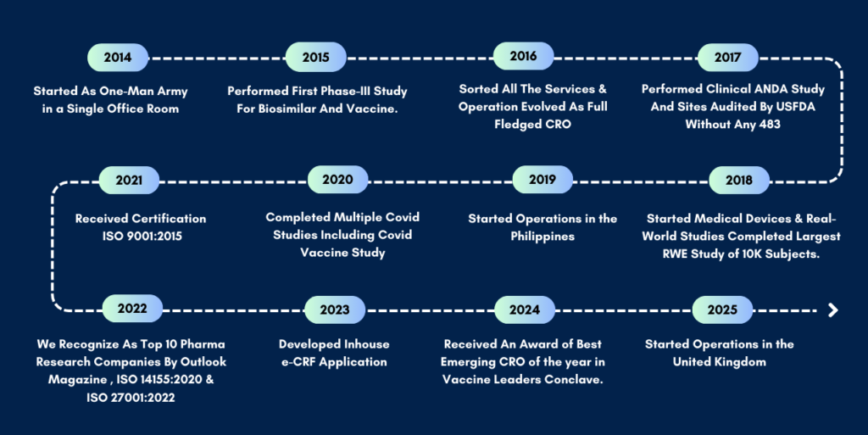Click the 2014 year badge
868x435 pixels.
(118, 58)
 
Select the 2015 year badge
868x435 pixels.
(316, 58)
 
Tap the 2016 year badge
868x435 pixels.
(524, 57)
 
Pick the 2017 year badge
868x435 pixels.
(728, 58)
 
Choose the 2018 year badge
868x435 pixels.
(739, 181)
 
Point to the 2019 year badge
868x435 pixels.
(542, 180)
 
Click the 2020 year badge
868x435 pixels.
(337, 180)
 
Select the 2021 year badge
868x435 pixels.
(129, 181)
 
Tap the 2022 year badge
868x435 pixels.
(132, 309)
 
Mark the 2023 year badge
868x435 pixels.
(335, 310)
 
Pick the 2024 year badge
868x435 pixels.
(525, 310)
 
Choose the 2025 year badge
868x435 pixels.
(722, 310)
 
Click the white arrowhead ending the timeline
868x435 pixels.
(833, 310)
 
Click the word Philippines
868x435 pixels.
(542, 237)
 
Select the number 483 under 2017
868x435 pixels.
(770, 125)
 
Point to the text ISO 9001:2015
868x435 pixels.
(142, 237)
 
